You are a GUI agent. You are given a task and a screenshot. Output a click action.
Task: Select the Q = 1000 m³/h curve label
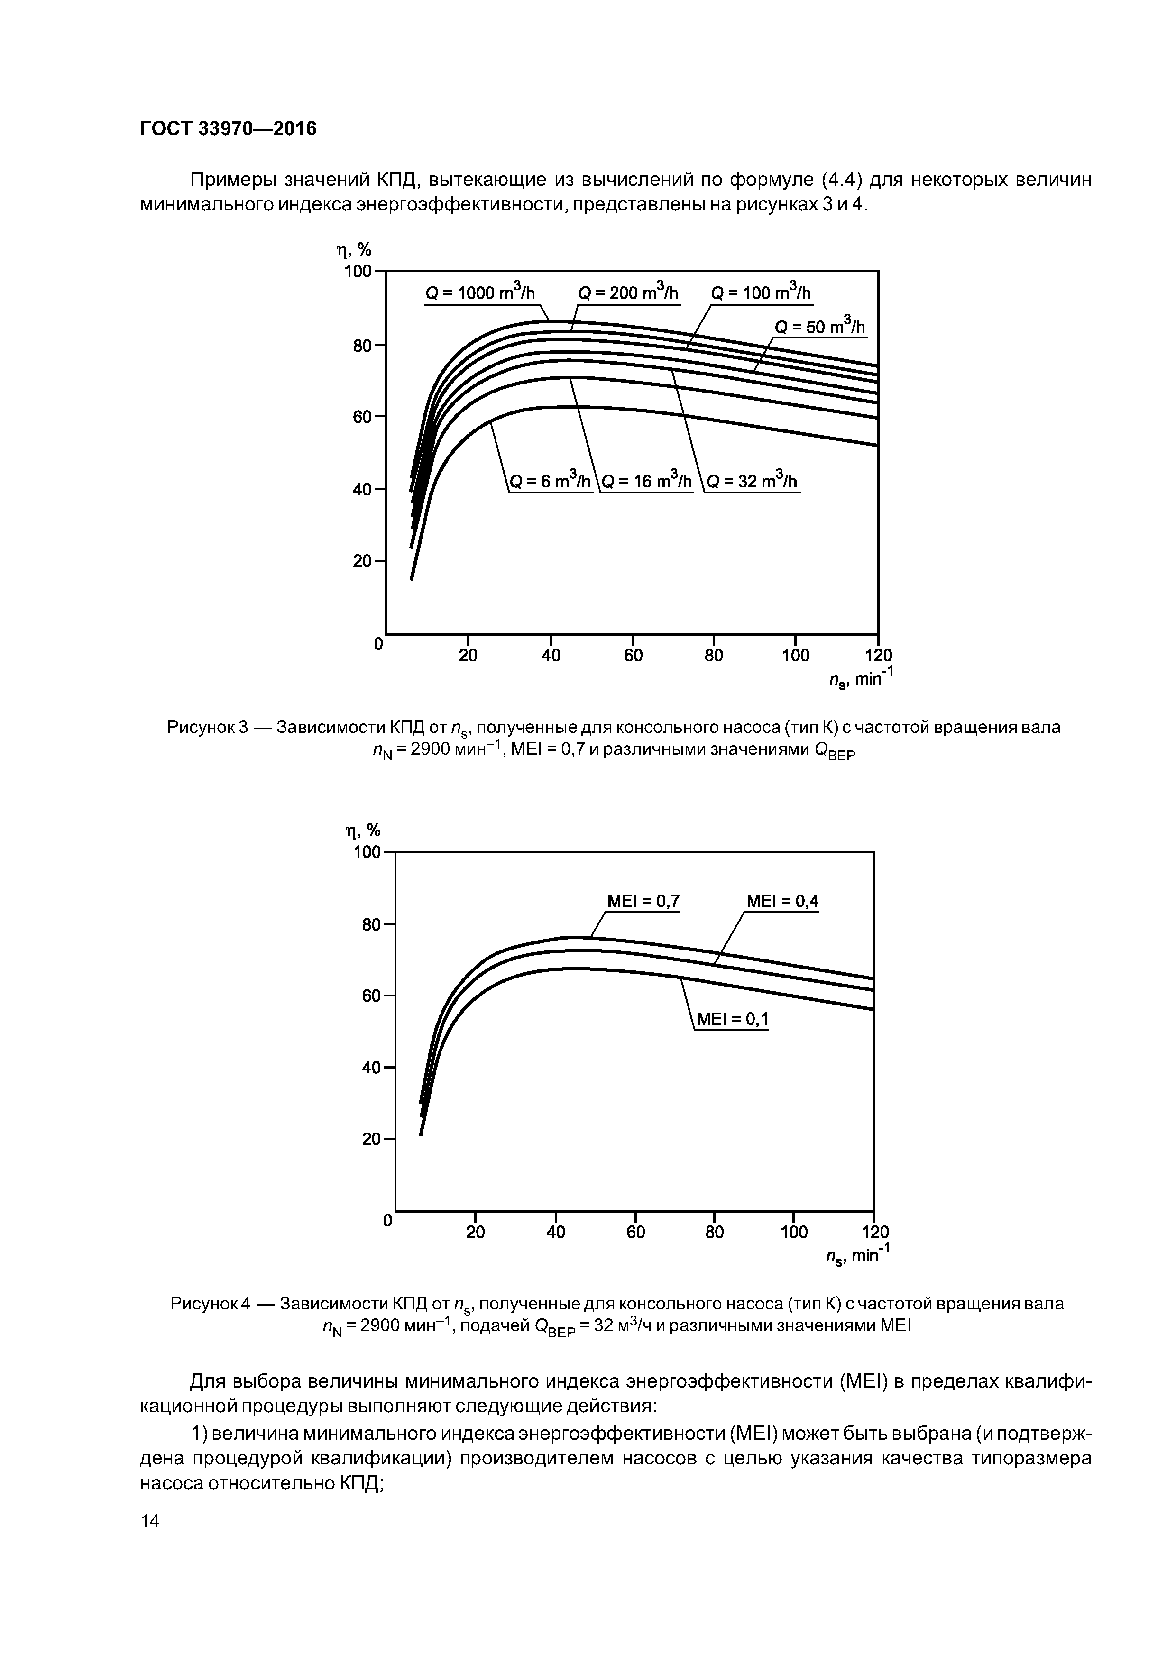click(x=480, y=293)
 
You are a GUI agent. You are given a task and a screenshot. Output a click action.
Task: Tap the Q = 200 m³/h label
click(x=628, y=293)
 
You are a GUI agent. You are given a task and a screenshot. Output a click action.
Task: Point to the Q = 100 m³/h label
click(x=761, y=293)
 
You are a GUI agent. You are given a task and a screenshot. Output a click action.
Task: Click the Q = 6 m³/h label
click(x=551, y=482)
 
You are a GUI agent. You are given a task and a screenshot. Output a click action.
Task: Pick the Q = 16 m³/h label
click(x=647, y=482)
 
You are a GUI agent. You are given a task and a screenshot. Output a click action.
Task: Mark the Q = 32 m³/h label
click(x=752, y=482)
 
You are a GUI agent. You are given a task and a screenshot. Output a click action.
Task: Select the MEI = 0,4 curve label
click(x=782, y=901)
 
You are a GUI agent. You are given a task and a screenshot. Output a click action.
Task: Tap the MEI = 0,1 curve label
click(x=732, y=1020)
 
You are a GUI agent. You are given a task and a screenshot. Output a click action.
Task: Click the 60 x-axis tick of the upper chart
click(x=633, y=656)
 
